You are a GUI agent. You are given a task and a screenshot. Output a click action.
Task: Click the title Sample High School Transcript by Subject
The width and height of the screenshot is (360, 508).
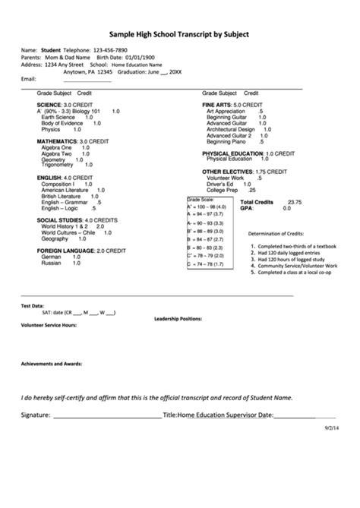coord(179,34)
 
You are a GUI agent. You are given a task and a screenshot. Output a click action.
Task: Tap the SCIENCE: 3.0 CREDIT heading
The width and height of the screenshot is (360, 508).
coord(65,104)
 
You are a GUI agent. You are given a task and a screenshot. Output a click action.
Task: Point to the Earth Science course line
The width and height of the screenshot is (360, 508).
coord(58,117)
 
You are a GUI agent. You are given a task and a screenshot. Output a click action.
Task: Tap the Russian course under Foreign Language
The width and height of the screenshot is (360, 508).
coord(52,263)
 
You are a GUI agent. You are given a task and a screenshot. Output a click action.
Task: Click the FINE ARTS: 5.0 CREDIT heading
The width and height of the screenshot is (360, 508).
coord(232,104)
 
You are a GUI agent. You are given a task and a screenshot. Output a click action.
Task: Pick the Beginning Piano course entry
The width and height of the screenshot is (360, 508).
coord(229,141)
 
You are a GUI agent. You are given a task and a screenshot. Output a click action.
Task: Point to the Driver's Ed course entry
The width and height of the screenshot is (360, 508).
coord(223,184)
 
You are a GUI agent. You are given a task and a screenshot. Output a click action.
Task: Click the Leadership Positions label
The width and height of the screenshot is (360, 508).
coord(178,319)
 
